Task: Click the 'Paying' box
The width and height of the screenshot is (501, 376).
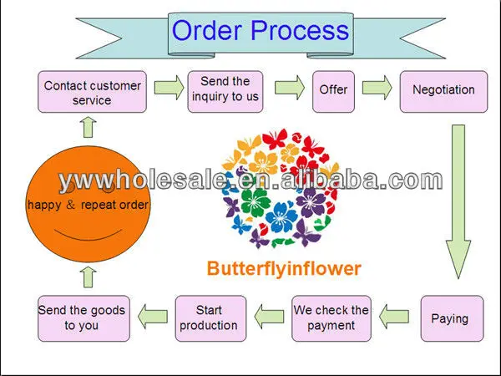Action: coord(452,318)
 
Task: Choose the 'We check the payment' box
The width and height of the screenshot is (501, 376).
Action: coord(331,318)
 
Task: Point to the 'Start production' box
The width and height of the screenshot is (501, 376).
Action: coord(209,318)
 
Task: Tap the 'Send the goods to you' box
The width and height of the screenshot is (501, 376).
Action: coord(82,318)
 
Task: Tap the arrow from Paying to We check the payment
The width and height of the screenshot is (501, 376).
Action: coord(395,317)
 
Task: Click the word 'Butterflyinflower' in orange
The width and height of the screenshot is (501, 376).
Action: coord(283,268)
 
